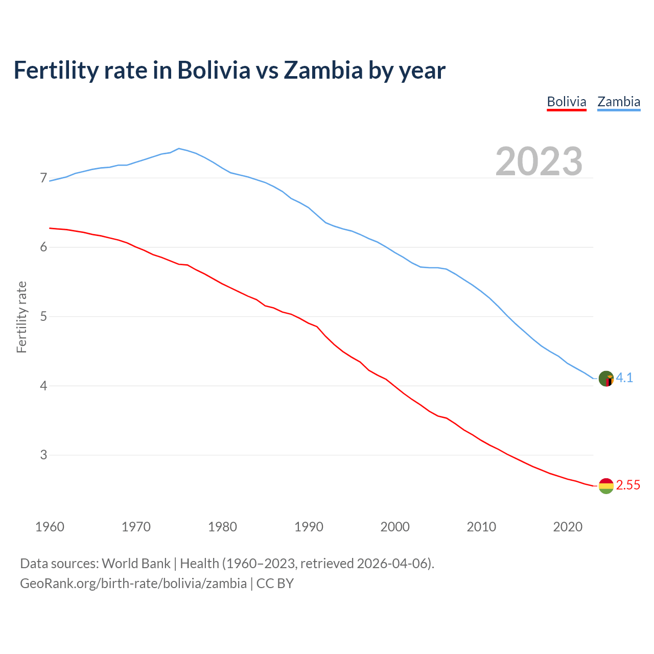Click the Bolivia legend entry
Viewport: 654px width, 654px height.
[x=566, y=102]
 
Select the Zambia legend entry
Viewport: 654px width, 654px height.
[x=619, y=102]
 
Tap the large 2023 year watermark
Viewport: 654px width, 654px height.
[x=539, y=161]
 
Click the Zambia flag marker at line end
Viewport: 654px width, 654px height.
[x=606, y=379]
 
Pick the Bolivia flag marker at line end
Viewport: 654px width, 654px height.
[x=606, y=486]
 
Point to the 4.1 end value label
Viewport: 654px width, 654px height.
[x=624, y=378]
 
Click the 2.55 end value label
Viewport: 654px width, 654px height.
[x=628, y=485]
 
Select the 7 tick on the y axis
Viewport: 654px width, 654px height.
[x=43, y=178]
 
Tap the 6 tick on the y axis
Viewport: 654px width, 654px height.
[x=43, y=247]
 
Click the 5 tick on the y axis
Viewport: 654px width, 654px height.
[x=43, y=316]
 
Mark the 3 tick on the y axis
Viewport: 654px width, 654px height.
[x=43, y=455]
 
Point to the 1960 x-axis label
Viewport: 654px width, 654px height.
[x=50, y=527]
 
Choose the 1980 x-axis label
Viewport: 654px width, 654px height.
[x=222, y=527]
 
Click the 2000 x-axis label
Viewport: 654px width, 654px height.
[x=395, y=527]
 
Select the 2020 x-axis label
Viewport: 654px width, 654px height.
[x=568, y=527]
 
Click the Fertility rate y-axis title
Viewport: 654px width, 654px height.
[x=21, y=317]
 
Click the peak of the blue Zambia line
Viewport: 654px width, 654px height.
[x=178, y=148]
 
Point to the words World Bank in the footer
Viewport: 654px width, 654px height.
[x=136, y=564]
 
